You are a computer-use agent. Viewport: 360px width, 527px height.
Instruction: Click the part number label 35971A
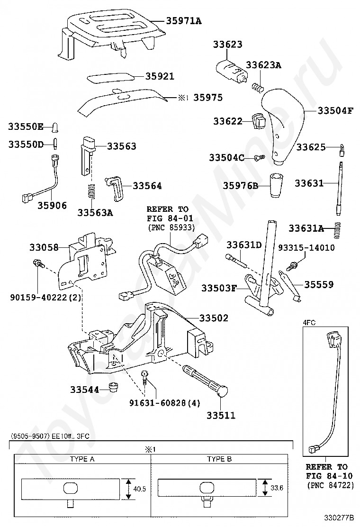coord(184,21)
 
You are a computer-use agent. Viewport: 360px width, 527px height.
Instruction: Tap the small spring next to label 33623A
coord(258,87)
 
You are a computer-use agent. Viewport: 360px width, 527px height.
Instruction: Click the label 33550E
coord(26,127)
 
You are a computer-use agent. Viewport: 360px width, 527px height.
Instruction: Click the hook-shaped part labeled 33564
coord(115,189)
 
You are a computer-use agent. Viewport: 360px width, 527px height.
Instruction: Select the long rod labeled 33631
coord(340,188)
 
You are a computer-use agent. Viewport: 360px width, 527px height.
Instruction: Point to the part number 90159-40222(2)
coord(45,298)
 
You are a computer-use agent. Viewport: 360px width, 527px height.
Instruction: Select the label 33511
coord(221,416)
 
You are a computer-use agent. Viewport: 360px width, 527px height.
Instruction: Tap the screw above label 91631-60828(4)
coord(145,379)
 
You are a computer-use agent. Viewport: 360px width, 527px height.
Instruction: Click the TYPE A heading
coord(82,459)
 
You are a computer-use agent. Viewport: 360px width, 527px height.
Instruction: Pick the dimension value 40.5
coord(139,489)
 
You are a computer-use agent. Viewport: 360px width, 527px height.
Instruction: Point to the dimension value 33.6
coord(277,488)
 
